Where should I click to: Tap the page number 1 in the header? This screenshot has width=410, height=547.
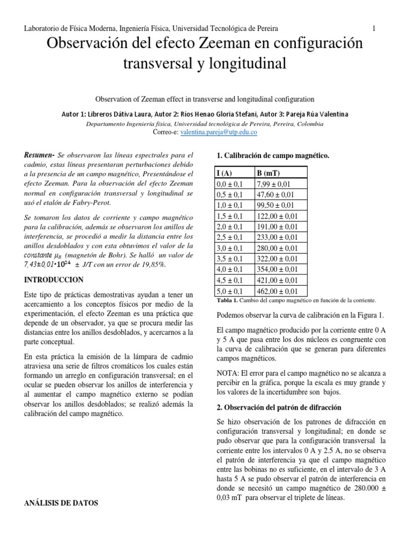tap(374, 28)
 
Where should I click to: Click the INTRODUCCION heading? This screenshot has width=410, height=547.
tap(53, 279)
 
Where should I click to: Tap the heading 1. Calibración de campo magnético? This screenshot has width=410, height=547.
tap(273, 155)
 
